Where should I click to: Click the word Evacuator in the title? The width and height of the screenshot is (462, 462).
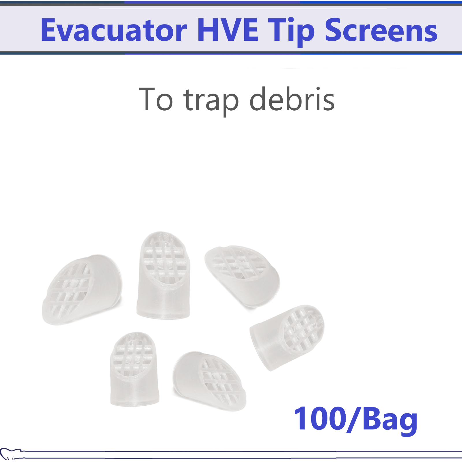click(x=113, y=30)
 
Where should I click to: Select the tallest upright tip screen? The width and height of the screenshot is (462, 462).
click(x=164, y=276)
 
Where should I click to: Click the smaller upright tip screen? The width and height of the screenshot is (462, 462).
click(x=134, y=370)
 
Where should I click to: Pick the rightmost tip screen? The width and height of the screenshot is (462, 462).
click(x=287, y=336)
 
